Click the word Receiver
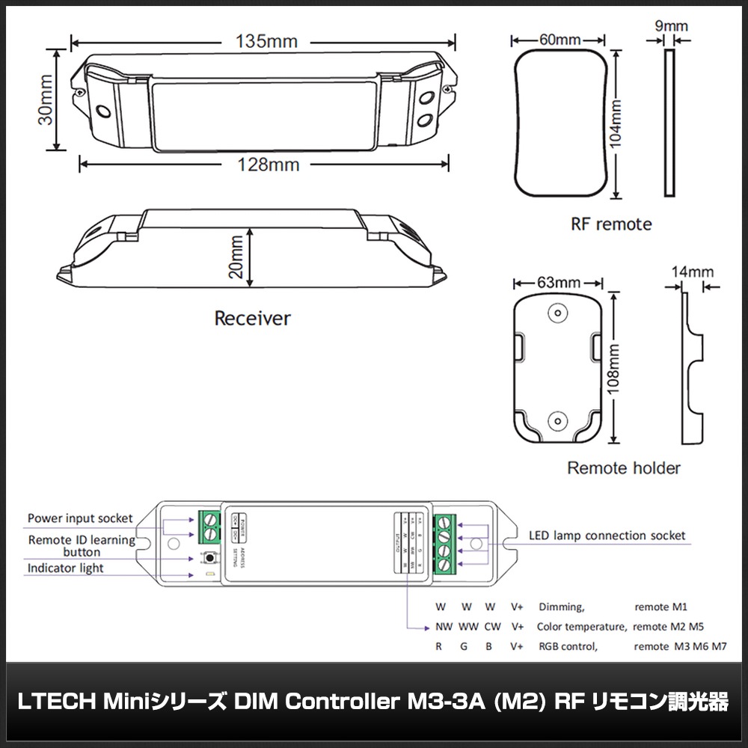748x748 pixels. point(252,319)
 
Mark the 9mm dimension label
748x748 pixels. point(671,27)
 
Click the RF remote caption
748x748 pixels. point(611,224)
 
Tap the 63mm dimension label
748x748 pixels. point(558,283)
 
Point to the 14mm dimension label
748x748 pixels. point(692,272)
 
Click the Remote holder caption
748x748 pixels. point(624,468)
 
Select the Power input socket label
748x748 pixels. point(80,518)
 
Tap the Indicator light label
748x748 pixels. point(66,568)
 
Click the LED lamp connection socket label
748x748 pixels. point(607,536)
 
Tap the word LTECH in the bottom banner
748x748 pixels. point(55,703)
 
